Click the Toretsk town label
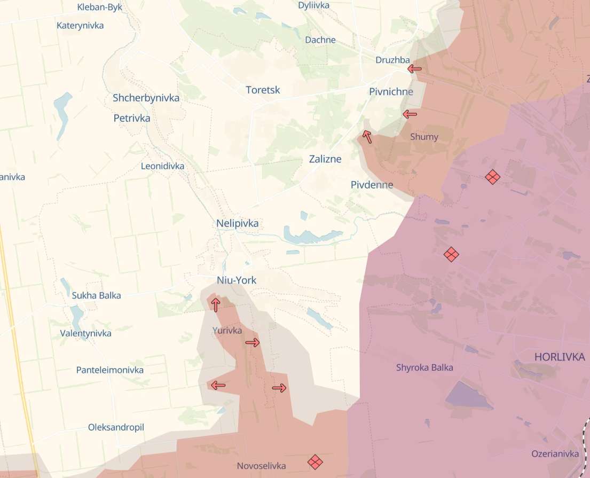click(263, 90)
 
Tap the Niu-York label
click(237, 280)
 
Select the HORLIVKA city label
click(560, 357)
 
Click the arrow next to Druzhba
click(414, 69)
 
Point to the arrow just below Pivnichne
click(410, 114)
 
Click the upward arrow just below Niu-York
click(215, 305)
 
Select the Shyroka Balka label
click(424, 367)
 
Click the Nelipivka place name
click(238, 223)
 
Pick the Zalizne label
click(325, 159)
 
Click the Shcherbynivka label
click(146, 98)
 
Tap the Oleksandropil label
click(116, 427)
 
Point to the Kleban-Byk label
click(100, 7)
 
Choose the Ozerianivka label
click(555, 453)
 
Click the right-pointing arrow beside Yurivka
click(253, 342)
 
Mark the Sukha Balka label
click(97, 295)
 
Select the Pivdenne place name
click(372, 185)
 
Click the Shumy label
click(424, 137)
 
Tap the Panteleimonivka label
click(110, 370)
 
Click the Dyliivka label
click(313, 5)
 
